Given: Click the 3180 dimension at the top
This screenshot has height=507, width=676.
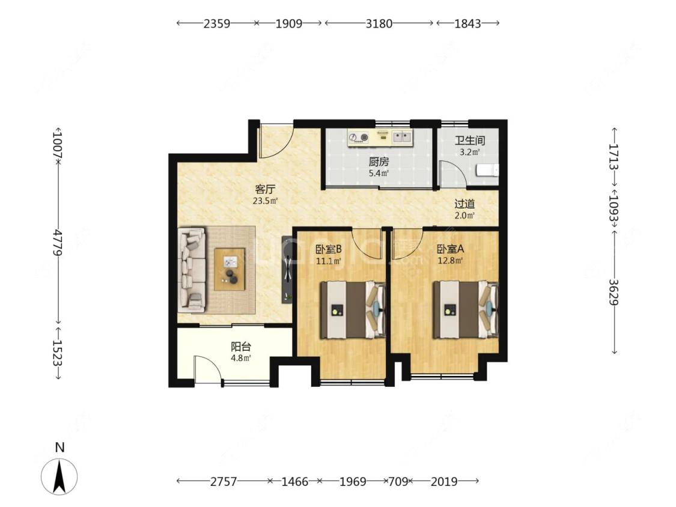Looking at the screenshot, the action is [x=379, y=23].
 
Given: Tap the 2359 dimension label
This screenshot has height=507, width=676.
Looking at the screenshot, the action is [x=216, y=23].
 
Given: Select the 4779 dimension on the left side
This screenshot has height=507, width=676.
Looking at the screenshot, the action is [x=57, y=242].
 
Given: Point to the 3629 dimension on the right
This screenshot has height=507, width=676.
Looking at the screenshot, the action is [x=614, y=292].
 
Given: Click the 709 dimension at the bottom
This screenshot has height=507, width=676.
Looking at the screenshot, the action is [x=398, y=481].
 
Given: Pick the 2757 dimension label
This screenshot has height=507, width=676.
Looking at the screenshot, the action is [x=224, y=481].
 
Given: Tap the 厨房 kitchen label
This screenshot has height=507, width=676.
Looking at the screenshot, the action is [x=379, y=162].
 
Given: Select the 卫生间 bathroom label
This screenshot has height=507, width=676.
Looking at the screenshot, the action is [x=469, y=141].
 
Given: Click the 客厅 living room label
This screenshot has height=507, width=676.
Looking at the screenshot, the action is [x=265, y=189].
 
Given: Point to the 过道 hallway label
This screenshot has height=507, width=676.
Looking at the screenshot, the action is [x=464, y=204].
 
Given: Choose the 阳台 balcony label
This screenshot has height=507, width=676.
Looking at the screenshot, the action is [x=240, y=347].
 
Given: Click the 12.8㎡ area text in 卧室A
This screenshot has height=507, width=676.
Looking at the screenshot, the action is [x=451, y=260].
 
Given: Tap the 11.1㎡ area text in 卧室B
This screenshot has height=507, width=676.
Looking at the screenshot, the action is [x=329, y=261].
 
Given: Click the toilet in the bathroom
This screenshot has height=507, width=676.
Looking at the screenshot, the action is [x=487, y=170].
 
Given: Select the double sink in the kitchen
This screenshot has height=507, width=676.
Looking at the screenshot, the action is [x=403, y=137].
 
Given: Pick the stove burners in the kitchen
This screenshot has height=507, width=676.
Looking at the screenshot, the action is [x=359, y=138].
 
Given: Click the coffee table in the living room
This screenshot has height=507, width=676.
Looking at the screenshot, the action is [x=230, y=270].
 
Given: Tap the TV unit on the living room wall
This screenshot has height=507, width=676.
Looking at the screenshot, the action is [x=287, y=269].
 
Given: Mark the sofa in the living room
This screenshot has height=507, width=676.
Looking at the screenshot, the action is [x=192, y=270].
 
